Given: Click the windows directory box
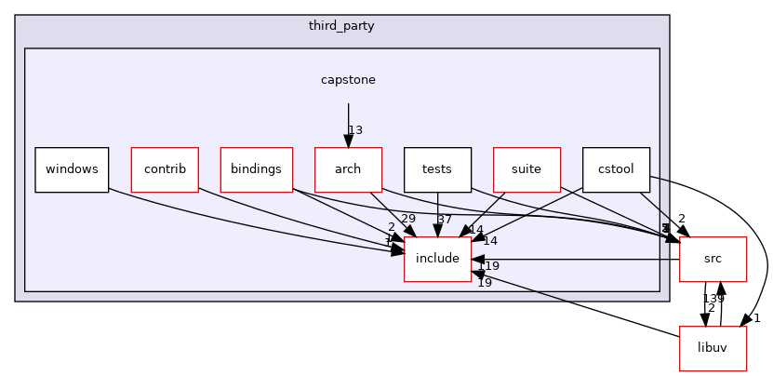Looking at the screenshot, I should pyautogui.click(x=72, y=169).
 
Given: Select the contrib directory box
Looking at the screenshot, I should pyautogui.click(x=165, y=169).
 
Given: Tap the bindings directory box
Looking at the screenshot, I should pyautogui.click(x=256, y=169).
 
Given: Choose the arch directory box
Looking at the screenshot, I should pyautogui.click(x=348, y=169).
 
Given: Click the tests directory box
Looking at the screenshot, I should pyautogui.click(x=437, y=169).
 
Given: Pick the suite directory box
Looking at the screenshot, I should pyautogui.click(x=526, y=169).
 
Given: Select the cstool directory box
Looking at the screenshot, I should pyautogui.click(x=616, y=169).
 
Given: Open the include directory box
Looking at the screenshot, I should pyautogui.click(x=437, y=259).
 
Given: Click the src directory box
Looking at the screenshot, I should pyautogui.click(x=713, y=259).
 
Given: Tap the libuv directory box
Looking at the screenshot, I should pyautogui.click(x=713, y=348).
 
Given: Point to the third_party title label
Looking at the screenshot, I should pyautogui.click(x=341, y=26).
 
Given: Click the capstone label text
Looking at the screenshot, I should pyautogui.click(x=348, y=80).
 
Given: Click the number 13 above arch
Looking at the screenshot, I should pyautogui.click(x=355, y=130).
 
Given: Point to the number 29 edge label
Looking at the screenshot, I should pyautogui.click(x=407, y=218).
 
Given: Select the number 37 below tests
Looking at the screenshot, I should pyautogui.click(x=444, y=219).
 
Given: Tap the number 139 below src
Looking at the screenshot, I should pyautogui.click(x=713, y=298).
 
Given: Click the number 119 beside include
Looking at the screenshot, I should pyautogui.click(x=488, y=266).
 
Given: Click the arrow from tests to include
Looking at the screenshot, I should pyautogui.click(x=437, y=214).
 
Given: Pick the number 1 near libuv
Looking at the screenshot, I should pyautogui.click(x=757, y=318).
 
